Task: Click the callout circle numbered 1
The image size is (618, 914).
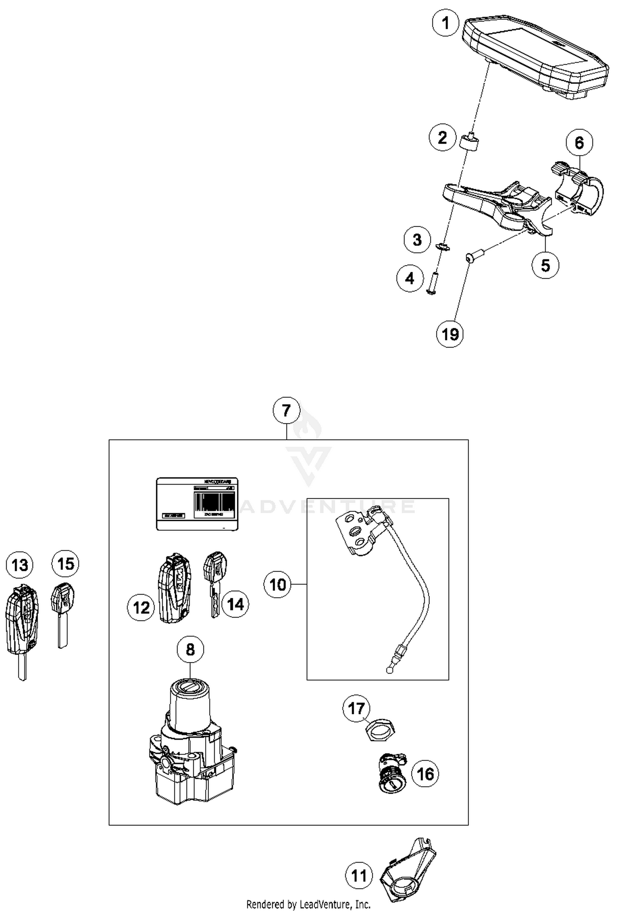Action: pyautogui.click(x=445, y=23)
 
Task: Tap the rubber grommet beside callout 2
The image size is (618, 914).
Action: pyautogui.click(x=469, y=143)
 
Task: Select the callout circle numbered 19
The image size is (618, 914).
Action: pyautogui.click(x=450, y=333)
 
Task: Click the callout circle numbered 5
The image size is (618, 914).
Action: pyautogui.click(x=545, y=265)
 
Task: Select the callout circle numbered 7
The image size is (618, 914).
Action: pyautogui.click(x=287, y=410)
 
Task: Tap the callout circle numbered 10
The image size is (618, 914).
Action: pyautogui.click(x=277, y=584)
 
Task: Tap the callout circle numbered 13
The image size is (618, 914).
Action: pyautogui.click(x=20, y=565)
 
